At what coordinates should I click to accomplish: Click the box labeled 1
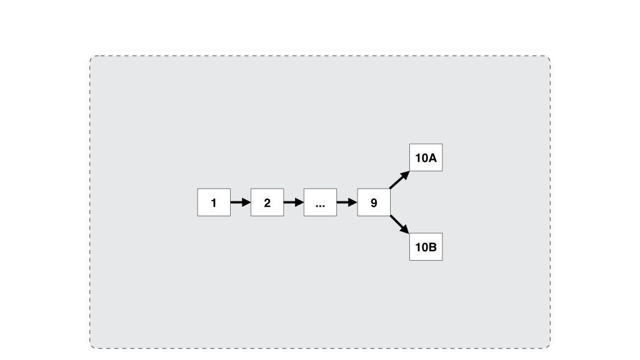coord(214,202)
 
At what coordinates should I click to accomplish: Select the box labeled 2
coord(267,202)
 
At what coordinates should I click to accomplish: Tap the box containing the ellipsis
coord(320,202)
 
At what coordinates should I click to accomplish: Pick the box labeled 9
coord(374,202)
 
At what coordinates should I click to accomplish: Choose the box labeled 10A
coord(426,157)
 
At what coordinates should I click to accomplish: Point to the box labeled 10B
coord(426,247)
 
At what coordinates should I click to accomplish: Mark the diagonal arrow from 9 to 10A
coord(399,180)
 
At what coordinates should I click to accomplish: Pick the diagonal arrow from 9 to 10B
coord(399,225)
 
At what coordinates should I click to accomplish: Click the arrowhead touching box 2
coord(246,202)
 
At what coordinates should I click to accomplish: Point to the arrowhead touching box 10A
coord(405,175)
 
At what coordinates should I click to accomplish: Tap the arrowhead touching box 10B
coord(405,230)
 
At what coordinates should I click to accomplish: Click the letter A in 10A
coord(432,158)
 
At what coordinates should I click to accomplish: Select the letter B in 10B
coord(432,247)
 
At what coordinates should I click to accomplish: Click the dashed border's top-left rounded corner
coord(92,59)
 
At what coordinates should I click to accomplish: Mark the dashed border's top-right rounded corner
coord(547,59)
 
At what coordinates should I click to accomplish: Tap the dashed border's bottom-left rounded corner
coord(92,346)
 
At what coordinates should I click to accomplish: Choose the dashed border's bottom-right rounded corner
coord(547,346)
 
